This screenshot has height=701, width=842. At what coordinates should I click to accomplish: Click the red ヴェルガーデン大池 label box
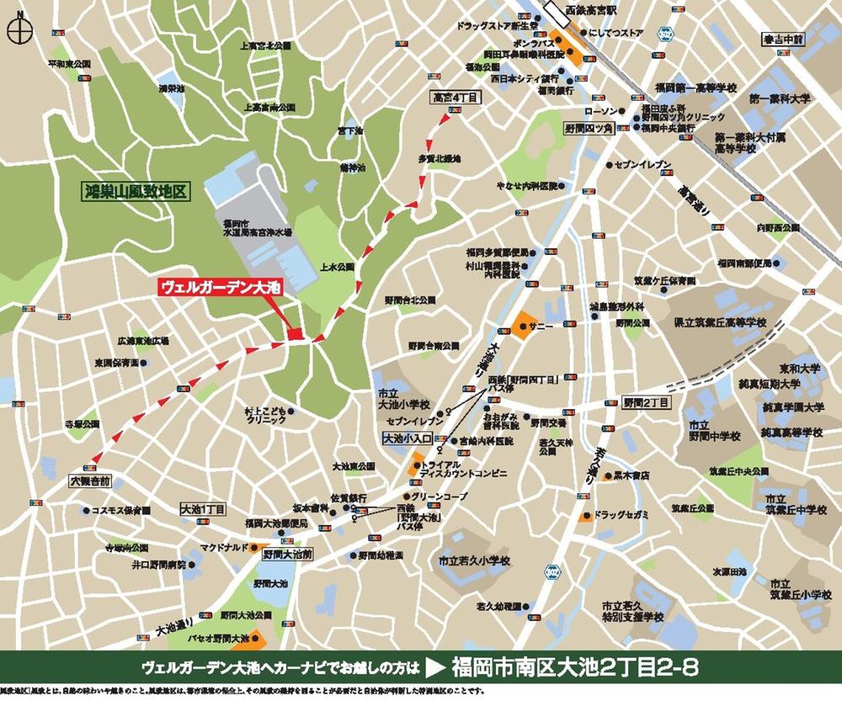[x=221, y=287]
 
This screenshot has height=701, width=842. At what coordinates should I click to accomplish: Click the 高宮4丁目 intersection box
[x=455, y=98]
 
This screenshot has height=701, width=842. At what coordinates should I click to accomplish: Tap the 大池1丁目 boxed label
[x=203, y=510]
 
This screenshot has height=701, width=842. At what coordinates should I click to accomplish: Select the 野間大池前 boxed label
[x=287, y=555]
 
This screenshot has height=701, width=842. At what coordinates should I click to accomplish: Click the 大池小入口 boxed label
[x=407, y=438]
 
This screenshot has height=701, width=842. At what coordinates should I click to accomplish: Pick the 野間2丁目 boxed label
[x=645, y=403]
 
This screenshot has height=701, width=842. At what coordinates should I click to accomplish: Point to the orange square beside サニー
[x=525, y=325]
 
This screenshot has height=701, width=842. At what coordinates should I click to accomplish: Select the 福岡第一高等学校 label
[x=695, y=88]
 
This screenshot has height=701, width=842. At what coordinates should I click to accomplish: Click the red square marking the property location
[x=294, y=335]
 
